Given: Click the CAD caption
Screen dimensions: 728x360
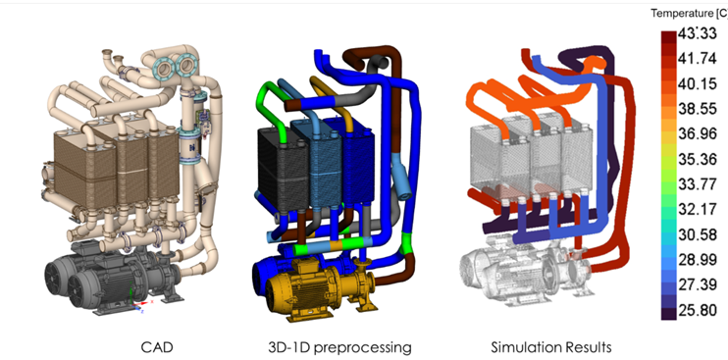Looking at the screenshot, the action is [x=156, y=346].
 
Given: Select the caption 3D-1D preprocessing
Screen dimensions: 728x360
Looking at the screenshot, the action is [x=339, y=347].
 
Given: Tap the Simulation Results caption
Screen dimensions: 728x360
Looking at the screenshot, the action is [x=551, y=346].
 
